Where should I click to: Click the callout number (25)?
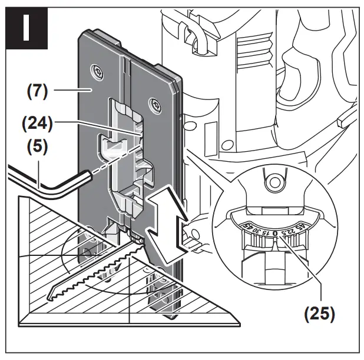tap(319, 312)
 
